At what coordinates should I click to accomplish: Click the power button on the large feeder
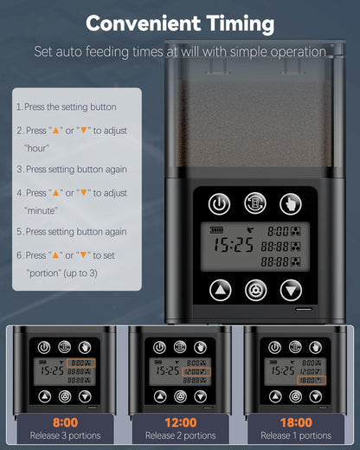[219, 204]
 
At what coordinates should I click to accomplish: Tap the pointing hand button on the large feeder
[291, 204]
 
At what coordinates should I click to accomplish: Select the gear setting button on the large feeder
[255, 290]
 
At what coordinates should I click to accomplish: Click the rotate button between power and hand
[255, 203]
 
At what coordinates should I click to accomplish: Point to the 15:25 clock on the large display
[234, 245]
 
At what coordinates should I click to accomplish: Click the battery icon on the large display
[216, 230]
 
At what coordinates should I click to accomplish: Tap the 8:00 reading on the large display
[278, 231]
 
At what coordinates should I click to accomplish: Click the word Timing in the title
[241, 23]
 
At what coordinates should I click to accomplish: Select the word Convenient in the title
[144, 23]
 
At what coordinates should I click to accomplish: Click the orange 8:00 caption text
[65, 422]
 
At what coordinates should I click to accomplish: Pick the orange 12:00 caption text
[181, 422]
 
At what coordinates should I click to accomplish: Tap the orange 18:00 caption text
[296, 422]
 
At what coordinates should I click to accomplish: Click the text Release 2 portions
[181, 435]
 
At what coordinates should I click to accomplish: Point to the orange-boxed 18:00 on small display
[312, 380]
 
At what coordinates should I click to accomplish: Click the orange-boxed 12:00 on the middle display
[196, 372]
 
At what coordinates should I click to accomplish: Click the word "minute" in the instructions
[41, 210]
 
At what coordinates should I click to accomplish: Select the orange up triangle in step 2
[55, 131]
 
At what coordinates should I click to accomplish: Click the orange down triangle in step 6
[83, 255]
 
